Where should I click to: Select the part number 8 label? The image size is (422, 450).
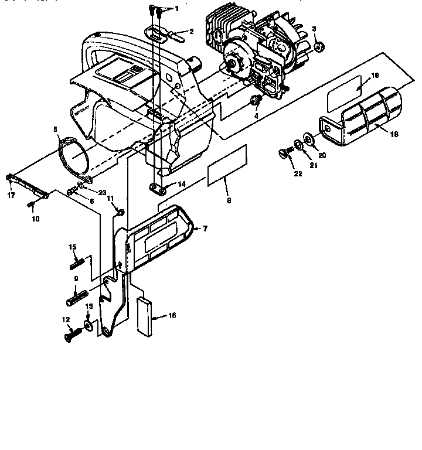click(x=229, y=200)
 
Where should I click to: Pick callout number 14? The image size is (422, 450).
click(x=182, y=184)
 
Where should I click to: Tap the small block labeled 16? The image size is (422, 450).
click(x=144, y=317)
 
